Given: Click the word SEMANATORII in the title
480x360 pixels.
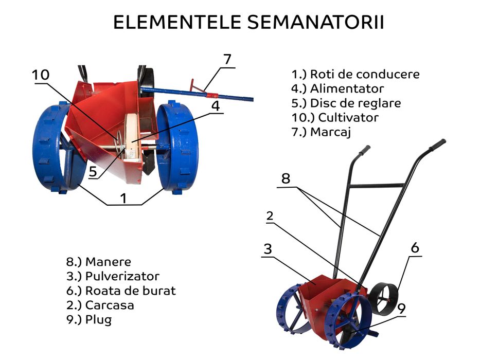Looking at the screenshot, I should pyautogui.click(x=315, y=23).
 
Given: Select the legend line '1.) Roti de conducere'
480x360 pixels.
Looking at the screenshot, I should pyautogui.click(x=355, y=74).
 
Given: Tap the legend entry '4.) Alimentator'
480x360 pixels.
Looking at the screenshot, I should pyautogui.click(x=337, y=88).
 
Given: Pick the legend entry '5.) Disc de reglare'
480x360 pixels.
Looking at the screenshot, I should pyautogui.click(x=346, y=103).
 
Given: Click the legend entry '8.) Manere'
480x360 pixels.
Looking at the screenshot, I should pyautogui.click(x=98, y=262).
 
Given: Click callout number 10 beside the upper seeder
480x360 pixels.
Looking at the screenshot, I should pyautogui.click(x=41, y=75).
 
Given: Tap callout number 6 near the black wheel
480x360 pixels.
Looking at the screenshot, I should pyautogui.click(x=415, y=248).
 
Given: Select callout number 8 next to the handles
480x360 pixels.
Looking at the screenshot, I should pyautogui.click(x=286, y=178).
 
